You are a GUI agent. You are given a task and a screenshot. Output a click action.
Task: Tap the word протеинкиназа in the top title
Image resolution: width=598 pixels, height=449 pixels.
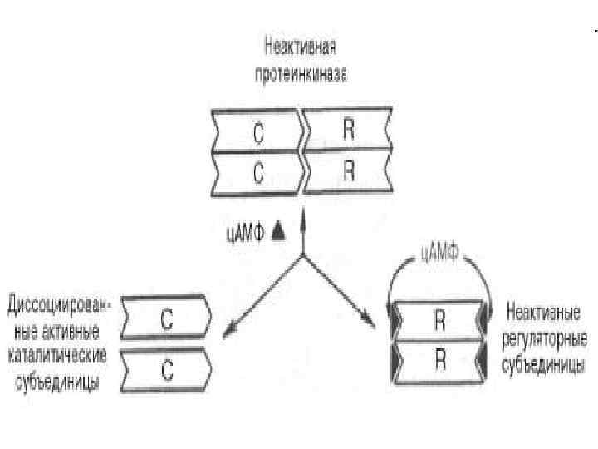300,73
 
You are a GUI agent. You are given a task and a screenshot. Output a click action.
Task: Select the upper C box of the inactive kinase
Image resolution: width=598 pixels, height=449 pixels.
257,131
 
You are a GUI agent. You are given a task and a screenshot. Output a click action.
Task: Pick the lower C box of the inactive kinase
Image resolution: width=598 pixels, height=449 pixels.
257,174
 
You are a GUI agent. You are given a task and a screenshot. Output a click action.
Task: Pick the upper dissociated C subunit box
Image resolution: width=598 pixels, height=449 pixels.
166,317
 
